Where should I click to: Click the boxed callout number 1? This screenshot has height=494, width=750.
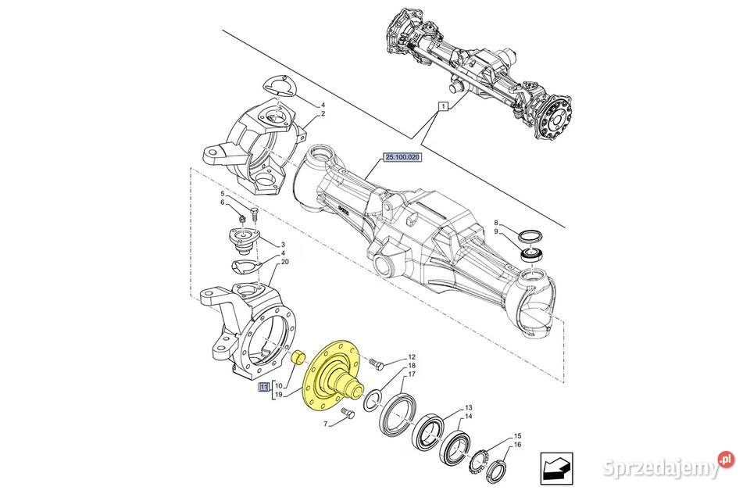pos(442,106)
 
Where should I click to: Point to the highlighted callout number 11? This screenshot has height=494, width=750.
pos(264,386)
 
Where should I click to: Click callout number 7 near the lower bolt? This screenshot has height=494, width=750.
pos(327,424)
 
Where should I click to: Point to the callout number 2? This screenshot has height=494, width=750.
pos(323,113)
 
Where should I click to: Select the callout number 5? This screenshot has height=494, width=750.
pos(222,194)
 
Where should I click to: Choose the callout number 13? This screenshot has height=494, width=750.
pos(468,408)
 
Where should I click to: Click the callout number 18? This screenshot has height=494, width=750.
pos(411,366)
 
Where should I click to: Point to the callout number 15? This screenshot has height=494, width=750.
pos(516,435)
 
